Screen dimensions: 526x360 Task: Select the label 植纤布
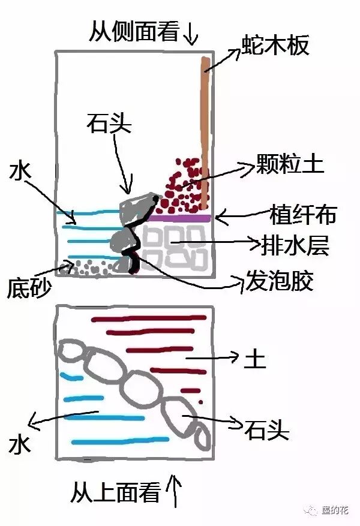coord(301,215)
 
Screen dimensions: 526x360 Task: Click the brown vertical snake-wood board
coord(205,132)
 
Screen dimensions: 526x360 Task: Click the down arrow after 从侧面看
coord(190,33)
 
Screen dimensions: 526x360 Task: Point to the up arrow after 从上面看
coord(175,491)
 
